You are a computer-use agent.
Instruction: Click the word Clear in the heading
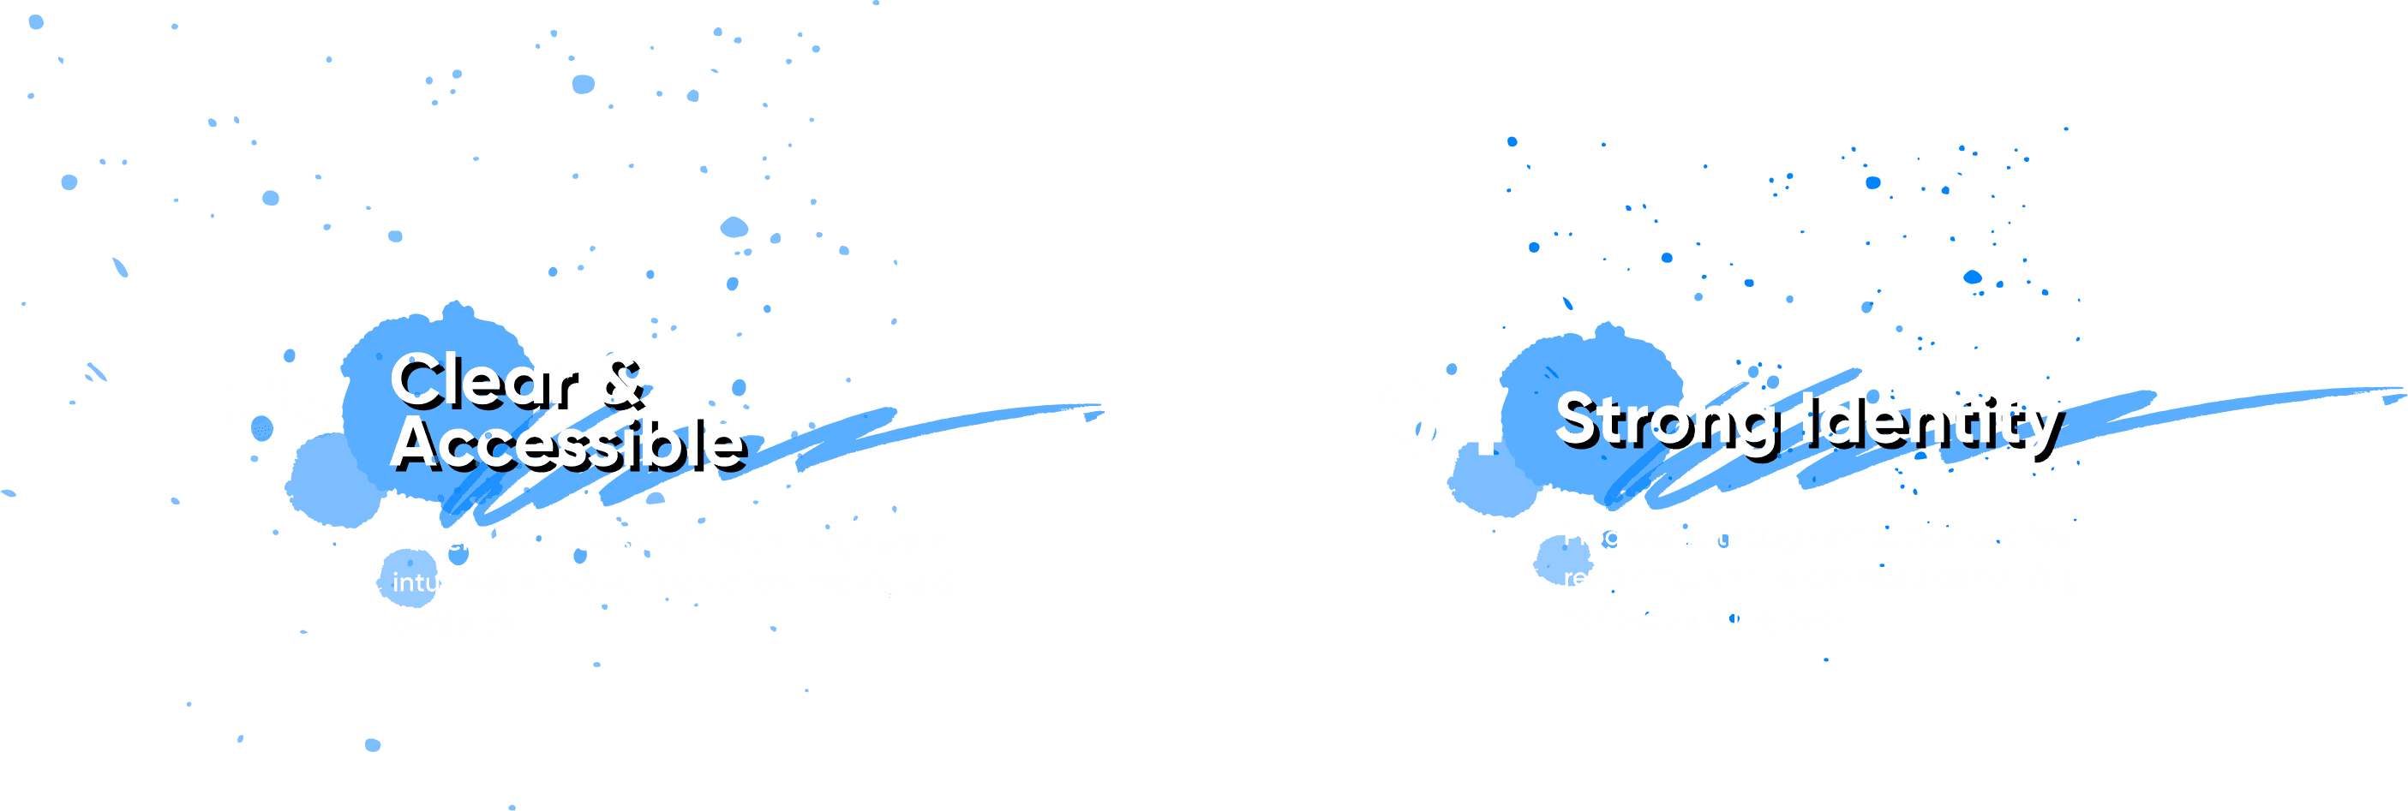click(482, 380)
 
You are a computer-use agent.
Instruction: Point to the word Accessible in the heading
click(566, 442)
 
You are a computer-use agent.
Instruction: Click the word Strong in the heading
click(1665, 420)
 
